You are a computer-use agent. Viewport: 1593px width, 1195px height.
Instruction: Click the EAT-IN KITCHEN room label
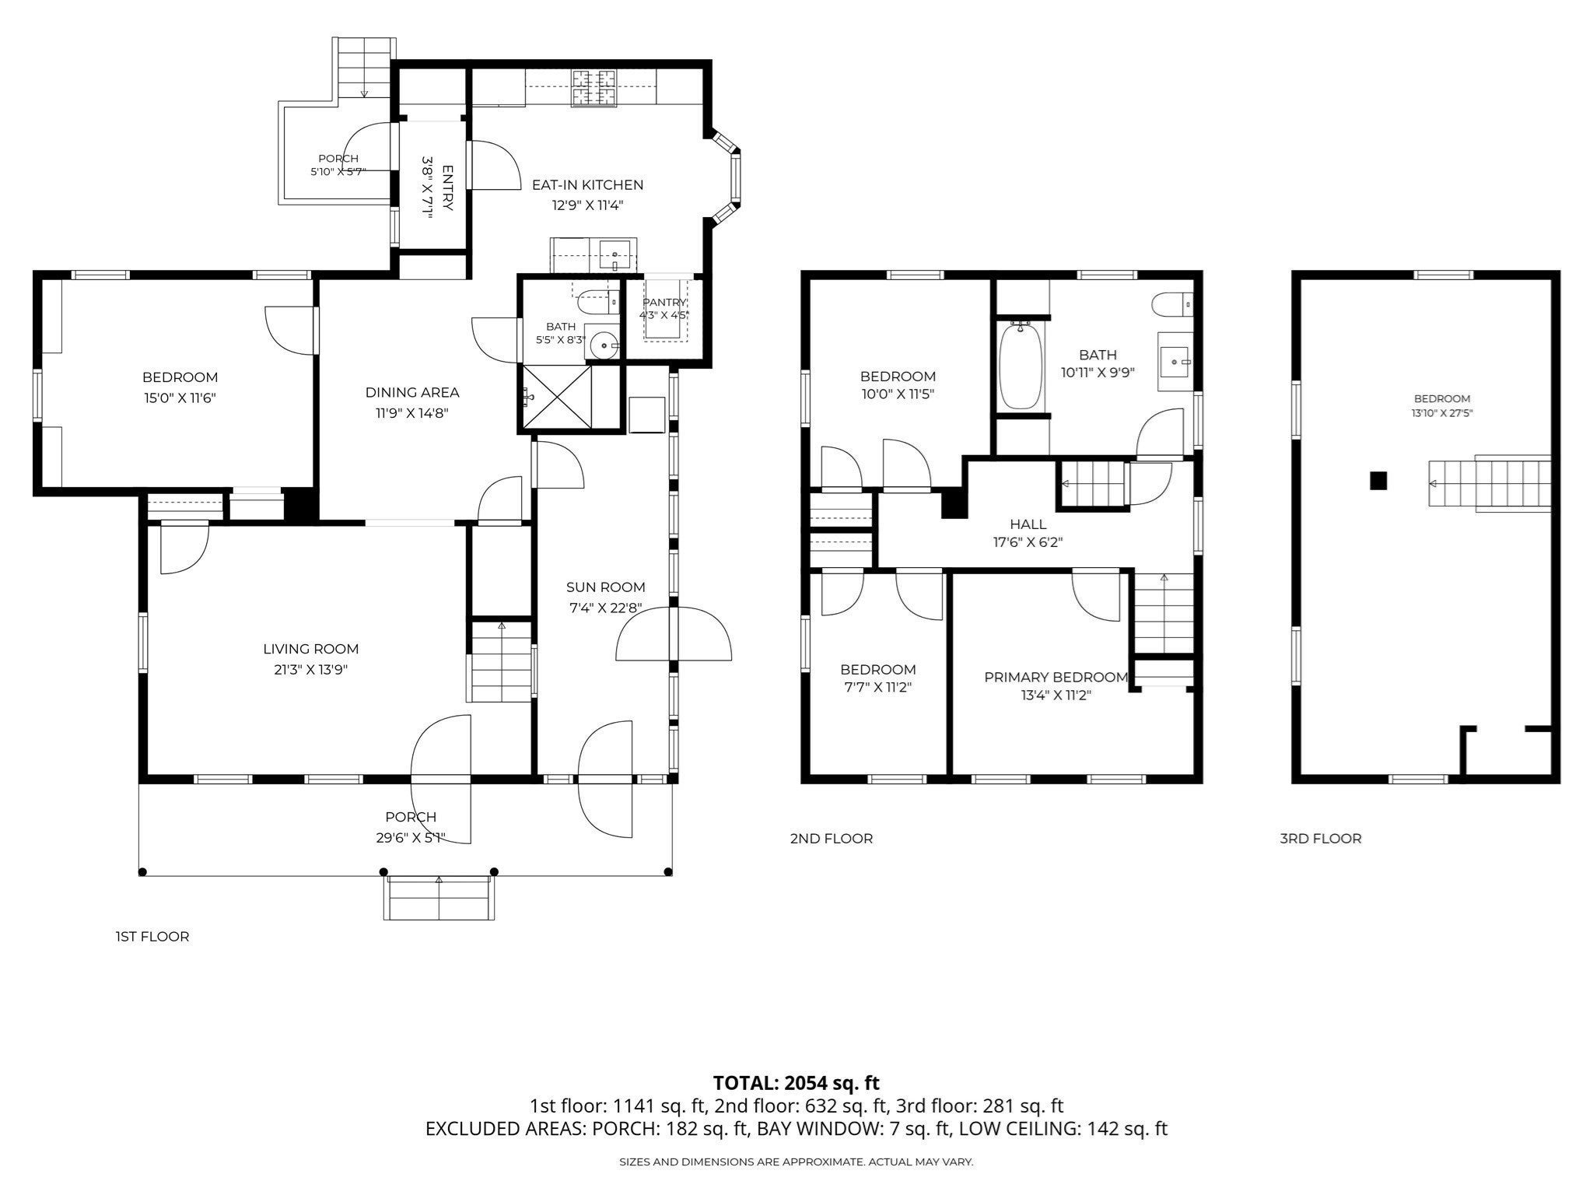(x=587, y=185)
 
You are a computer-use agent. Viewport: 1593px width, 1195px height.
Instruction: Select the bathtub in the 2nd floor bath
(x=1019, y=366)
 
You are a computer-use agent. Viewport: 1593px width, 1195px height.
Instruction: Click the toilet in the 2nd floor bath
(x=1171, y=304)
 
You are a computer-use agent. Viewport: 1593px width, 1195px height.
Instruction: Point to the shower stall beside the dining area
(x=557, y=398)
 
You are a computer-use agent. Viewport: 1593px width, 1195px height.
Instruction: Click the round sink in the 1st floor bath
(x=601, y=343)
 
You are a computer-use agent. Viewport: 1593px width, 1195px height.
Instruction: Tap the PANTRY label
(x=665, y=302)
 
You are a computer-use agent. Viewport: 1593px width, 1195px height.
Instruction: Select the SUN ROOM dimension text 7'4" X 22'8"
(x=607, y=608)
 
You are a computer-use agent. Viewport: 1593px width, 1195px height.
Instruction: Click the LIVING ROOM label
(x=310, y=649)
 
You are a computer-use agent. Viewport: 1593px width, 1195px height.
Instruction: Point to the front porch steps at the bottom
(x=439, y=897)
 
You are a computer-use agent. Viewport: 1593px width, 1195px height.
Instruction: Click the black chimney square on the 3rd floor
(x=1378, y=481)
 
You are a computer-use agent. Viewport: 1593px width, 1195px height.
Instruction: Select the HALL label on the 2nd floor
(x=1028, y=524)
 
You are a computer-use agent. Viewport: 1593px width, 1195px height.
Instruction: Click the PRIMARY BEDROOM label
(x=1056, y=678)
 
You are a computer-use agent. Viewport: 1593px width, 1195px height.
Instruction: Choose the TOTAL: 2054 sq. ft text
(x=796, y=1082)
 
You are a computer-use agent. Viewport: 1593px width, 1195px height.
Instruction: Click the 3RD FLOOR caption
(x=1321, y=839)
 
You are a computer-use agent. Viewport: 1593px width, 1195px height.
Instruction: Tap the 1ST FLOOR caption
(x=152, y=937)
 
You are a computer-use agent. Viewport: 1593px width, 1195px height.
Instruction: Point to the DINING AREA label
(x=412, y=393)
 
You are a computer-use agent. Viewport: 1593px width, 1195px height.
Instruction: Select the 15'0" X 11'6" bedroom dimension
(x=180, y=398)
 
